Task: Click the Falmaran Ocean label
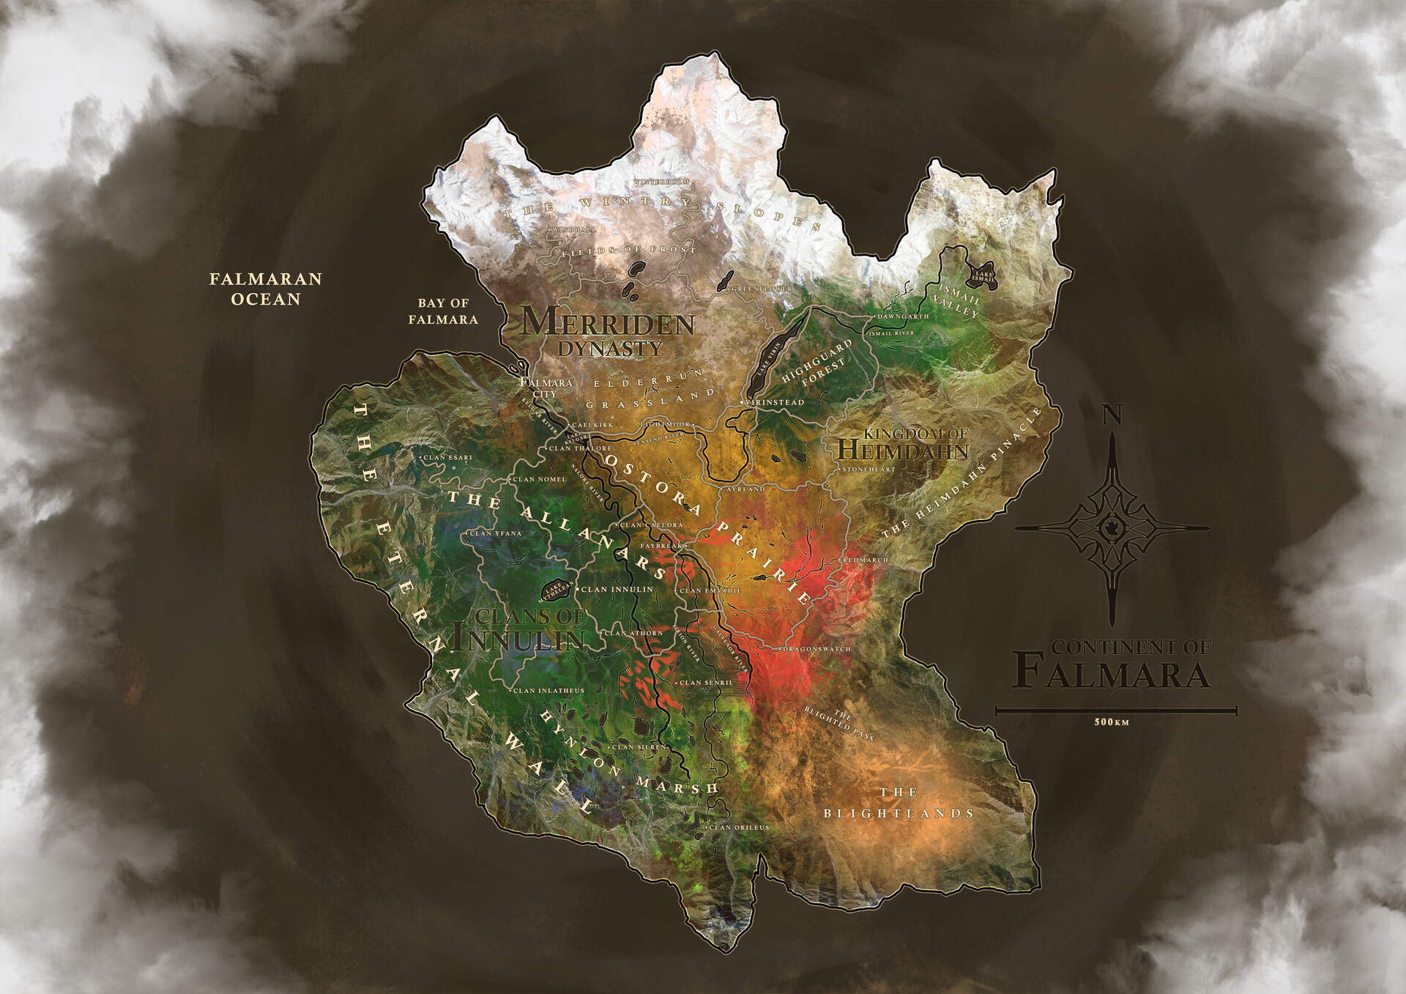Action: [x=265, y=289]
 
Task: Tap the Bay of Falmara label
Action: [x=443, y=311]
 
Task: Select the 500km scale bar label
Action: [x=1112, y=722]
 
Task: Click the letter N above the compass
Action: [x=1112, y=415]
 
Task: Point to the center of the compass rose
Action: [x=1112, y=527]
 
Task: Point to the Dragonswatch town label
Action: [x=817, y=649]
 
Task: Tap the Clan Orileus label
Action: [x=739, y=828]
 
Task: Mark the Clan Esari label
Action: [x=447, y=458]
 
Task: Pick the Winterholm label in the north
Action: [x=661, y=181]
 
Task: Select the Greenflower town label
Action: [x=762, y=289]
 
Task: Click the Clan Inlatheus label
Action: [x=548, y=691]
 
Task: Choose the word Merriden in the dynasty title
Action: [x=608, y=322]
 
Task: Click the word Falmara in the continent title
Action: [x=1112, y=674]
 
